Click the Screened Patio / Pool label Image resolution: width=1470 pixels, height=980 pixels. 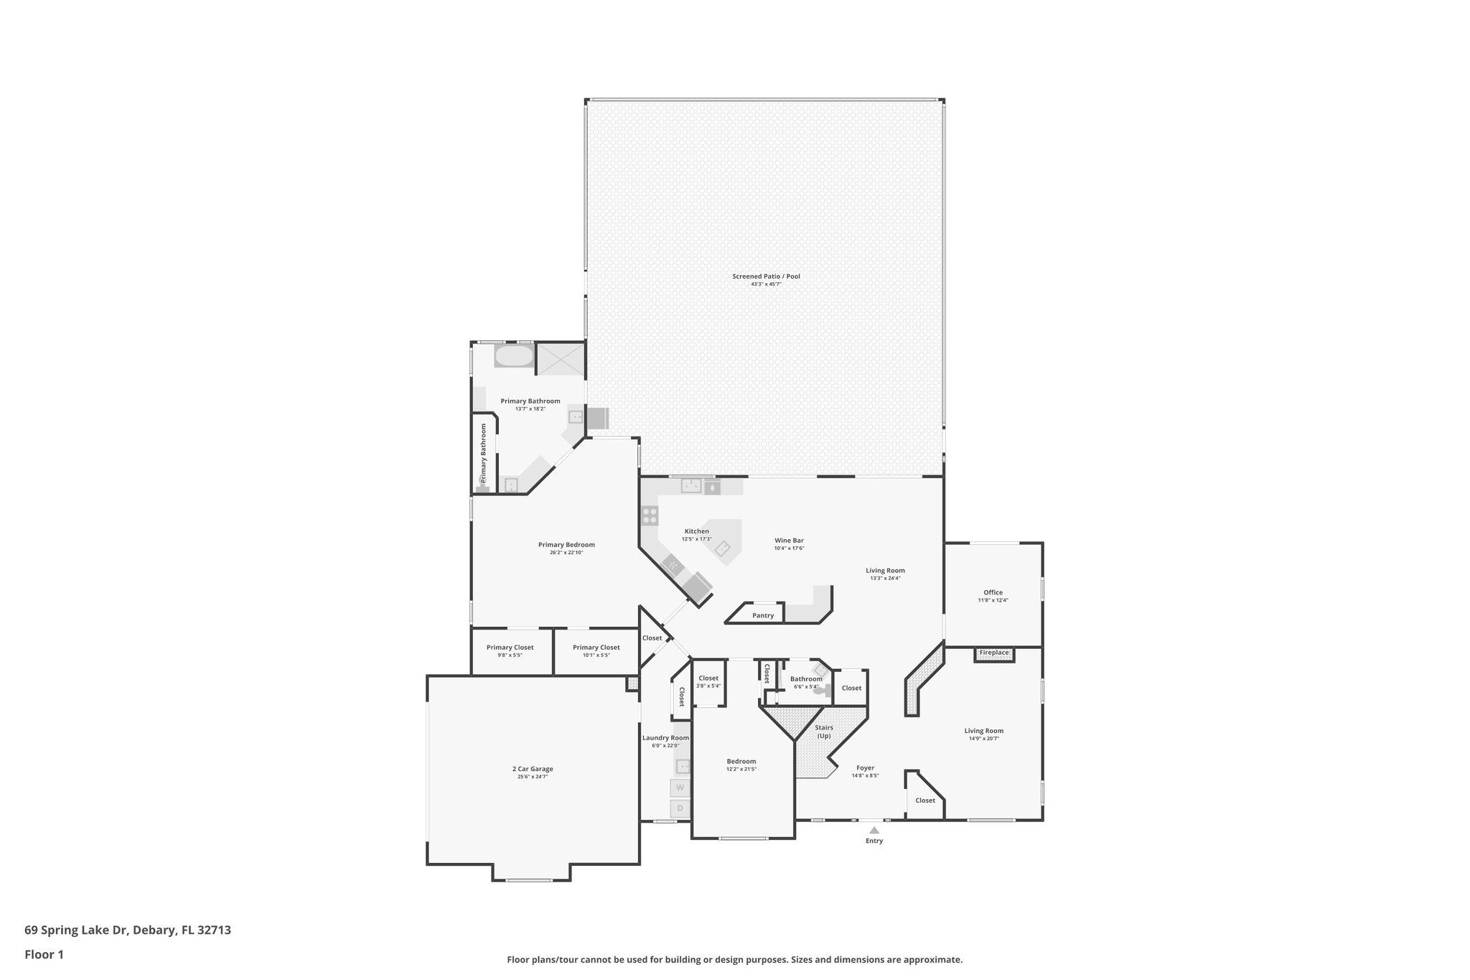tap(766, 276)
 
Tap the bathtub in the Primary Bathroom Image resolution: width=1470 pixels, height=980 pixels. tap(514, 357)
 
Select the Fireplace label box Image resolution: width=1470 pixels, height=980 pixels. tap(994, 653)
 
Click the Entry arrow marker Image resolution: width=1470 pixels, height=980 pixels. tap(874, 831)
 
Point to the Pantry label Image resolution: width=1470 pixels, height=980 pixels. tap(763, 615)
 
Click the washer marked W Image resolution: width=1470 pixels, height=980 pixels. tap(680, 788)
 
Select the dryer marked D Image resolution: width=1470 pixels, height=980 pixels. tap(680, 808)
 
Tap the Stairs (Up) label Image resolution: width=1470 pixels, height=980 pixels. tap(824, 732)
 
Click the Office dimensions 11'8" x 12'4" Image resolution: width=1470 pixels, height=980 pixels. tap(993, 600)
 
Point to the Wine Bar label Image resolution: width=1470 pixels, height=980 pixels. tap(789, 540)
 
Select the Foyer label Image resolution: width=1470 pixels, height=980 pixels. tap(865, 767)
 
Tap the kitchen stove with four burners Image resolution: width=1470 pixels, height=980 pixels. tap(650, 515)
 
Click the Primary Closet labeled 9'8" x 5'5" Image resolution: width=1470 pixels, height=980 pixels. tap(510, 648)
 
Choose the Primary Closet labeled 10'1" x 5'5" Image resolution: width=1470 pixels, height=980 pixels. tap(596, 648)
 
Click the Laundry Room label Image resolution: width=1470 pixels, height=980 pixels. tap(665, 738)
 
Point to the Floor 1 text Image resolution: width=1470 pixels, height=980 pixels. tap(44, 954)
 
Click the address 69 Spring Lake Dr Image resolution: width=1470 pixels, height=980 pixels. tap(128, 930)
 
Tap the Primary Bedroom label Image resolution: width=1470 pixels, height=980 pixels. tap(566, 544)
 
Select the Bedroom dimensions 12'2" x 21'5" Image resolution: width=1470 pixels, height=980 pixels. tap(741, 769)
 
